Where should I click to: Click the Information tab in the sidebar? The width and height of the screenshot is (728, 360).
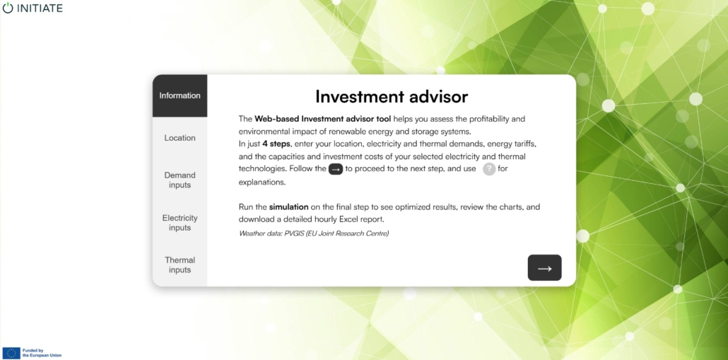tap(180, 95)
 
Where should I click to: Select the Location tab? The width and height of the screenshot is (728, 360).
tap(180, 138)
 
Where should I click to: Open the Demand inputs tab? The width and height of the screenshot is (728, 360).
tap(180, 180)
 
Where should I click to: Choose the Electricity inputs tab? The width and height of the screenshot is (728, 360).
tap(180, 223)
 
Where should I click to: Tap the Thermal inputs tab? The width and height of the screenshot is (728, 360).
tap(180, 265)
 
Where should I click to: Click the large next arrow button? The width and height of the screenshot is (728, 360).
tap(545, 268)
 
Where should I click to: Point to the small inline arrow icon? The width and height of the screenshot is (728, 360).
tap(336, 169)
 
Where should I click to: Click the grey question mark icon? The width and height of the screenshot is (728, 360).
tap(489, 169)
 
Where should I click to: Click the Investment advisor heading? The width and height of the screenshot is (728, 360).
tap(392, 97)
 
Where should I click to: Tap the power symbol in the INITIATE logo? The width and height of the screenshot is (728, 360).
tap(8, 8)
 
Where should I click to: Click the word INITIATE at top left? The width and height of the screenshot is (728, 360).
tap(40, 8)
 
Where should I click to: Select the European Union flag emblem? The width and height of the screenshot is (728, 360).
tap(11, 353)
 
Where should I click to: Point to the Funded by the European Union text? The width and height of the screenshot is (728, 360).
tap(42, 353)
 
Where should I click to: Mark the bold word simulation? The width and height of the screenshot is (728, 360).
tap(289, 207)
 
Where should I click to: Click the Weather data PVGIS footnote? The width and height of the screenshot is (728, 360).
tap(314, 233)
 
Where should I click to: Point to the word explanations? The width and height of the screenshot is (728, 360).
tap(262, 182)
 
